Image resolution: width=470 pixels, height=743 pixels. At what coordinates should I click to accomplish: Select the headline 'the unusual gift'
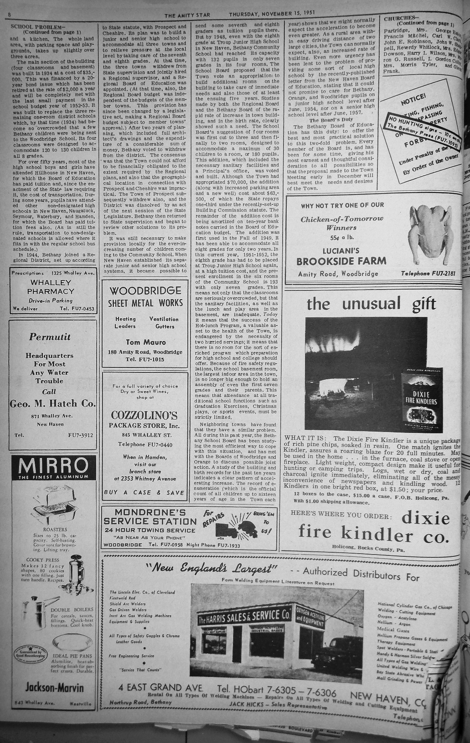pyautogui.click(x=371, y=304)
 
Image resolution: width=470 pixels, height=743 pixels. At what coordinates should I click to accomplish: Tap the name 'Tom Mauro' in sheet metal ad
pyautogui.click(x=146, y=342)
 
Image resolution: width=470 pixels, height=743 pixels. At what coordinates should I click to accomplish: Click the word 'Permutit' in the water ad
pyautogui.click(x=50, y=337)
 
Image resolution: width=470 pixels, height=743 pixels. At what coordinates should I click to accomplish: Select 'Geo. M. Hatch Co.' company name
pyautogui.click(x=53, y=403)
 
